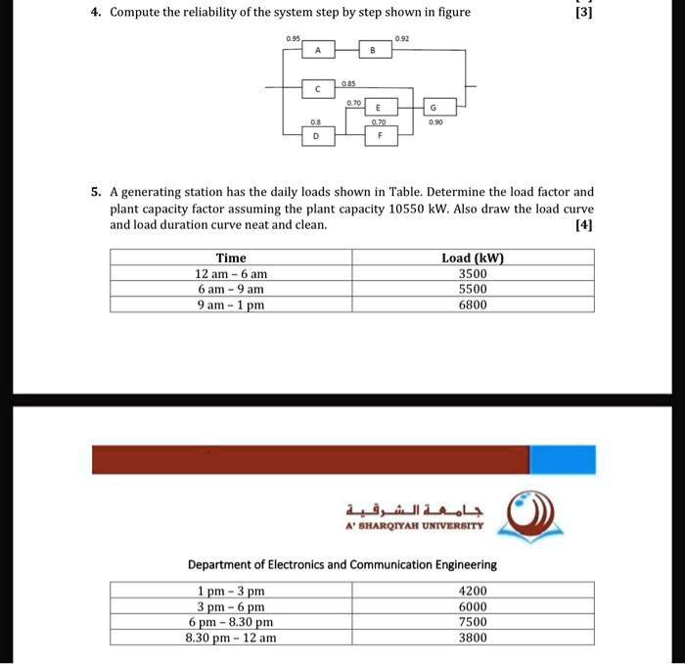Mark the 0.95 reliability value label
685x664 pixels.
click(293, 38)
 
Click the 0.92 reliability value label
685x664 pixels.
click(403, 38)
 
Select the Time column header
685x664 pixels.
click(231, 258)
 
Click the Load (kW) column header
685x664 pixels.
click(473, 258)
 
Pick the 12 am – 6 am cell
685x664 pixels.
click(231, 274)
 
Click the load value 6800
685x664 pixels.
click(473, 305)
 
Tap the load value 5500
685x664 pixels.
click(473, 289)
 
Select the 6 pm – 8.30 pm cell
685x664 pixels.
click(231, 622)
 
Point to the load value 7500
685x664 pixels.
click(473, 622)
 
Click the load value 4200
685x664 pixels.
click(473, 591)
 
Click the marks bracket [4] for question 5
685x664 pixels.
click(584, 225)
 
